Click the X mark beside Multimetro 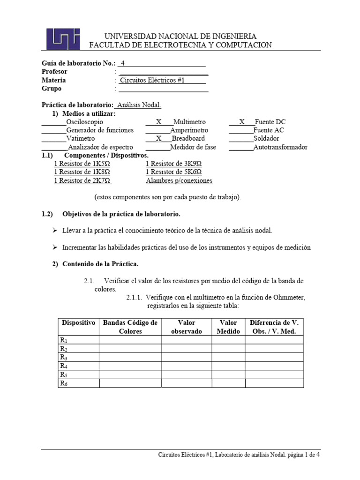(158, 122)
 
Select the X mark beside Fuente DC (242, 122)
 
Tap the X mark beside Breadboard (158, 139)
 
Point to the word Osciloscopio (85, 122)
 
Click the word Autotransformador (280, 147)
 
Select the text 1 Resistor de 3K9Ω (173, 164)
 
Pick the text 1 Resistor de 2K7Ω (82, 180)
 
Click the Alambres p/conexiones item (179, 180)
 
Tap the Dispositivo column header (78, 323)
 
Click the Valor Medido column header (228, 327)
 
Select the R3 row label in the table (64, 357)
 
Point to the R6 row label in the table (64, 383)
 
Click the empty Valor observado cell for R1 (186, 340)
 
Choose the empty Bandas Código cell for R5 (130, 375)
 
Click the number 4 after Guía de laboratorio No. (123, 63)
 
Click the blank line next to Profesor (164, 72)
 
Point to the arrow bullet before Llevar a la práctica (54, 231)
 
